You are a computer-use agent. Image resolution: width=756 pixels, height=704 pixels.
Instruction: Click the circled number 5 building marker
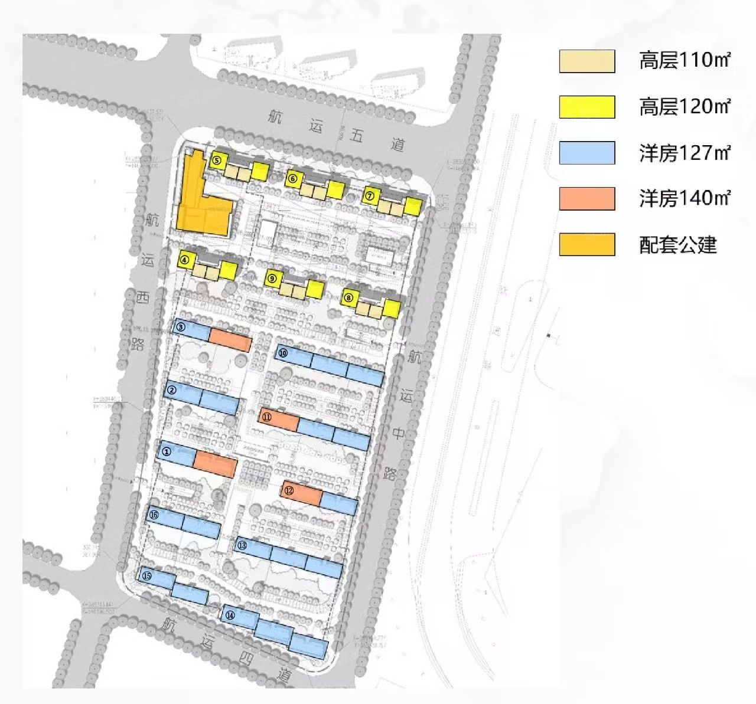[217, 159]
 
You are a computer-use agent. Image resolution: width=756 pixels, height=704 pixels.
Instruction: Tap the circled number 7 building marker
[370, 196]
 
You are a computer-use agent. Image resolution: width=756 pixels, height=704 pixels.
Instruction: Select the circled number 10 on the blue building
[283, 353]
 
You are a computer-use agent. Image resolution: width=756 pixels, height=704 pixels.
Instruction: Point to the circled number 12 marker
[289, 490]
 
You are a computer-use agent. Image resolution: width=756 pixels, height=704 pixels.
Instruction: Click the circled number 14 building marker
[230, 615]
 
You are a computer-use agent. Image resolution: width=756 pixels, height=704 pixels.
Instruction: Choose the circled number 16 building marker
[154, 515]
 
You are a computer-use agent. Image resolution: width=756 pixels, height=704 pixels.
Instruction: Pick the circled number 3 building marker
[181, 327]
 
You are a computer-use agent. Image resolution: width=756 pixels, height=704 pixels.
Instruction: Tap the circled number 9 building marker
[272, 279]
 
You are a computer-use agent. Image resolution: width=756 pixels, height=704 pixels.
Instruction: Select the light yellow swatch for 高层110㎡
[587, 61]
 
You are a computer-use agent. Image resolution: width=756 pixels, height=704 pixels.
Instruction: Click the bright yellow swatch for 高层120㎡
[587, 107]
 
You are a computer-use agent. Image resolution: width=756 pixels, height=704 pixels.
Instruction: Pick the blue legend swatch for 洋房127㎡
[587, 153]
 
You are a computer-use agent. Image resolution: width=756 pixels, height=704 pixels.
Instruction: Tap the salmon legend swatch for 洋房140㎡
[587, 199]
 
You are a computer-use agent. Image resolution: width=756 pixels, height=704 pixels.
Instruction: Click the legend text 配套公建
[678, 245]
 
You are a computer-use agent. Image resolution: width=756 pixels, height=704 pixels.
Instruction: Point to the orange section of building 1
[215, 464]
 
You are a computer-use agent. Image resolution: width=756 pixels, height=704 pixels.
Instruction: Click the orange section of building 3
[230, 340]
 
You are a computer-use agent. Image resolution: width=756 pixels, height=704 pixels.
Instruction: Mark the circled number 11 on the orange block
[267, 417]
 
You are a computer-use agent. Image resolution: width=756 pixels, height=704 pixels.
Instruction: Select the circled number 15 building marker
[147, 575]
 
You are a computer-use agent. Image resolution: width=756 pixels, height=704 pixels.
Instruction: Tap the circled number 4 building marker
[185, 259]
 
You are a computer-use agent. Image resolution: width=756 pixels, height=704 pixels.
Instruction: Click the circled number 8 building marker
[348, 297]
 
